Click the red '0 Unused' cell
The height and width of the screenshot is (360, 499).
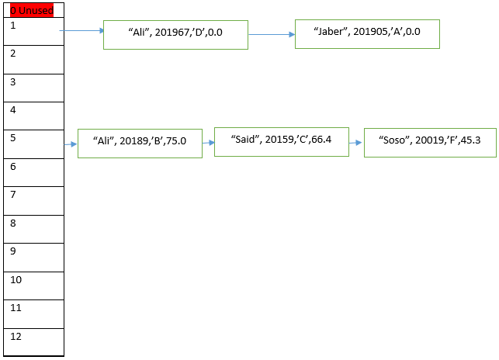33,10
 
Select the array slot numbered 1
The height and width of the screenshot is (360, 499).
33,31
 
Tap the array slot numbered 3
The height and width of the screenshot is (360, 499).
33,88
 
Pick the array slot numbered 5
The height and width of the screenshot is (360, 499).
33,144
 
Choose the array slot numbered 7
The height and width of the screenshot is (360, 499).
33,201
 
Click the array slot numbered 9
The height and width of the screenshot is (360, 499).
33,258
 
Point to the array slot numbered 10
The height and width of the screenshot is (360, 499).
33,286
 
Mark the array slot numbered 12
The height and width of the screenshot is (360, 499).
33,342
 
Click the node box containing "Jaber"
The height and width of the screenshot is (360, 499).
367,34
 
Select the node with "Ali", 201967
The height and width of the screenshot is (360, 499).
175,35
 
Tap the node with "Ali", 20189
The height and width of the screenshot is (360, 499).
140,143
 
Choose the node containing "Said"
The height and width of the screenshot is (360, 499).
281,142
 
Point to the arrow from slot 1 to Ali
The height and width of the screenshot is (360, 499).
81,31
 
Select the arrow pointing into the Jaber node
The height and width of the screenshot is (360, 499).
271,34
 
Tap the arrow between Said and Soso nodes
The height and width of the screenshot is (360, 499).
356,143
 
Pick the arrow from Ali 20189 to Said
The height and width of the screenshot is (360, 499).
208,143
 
